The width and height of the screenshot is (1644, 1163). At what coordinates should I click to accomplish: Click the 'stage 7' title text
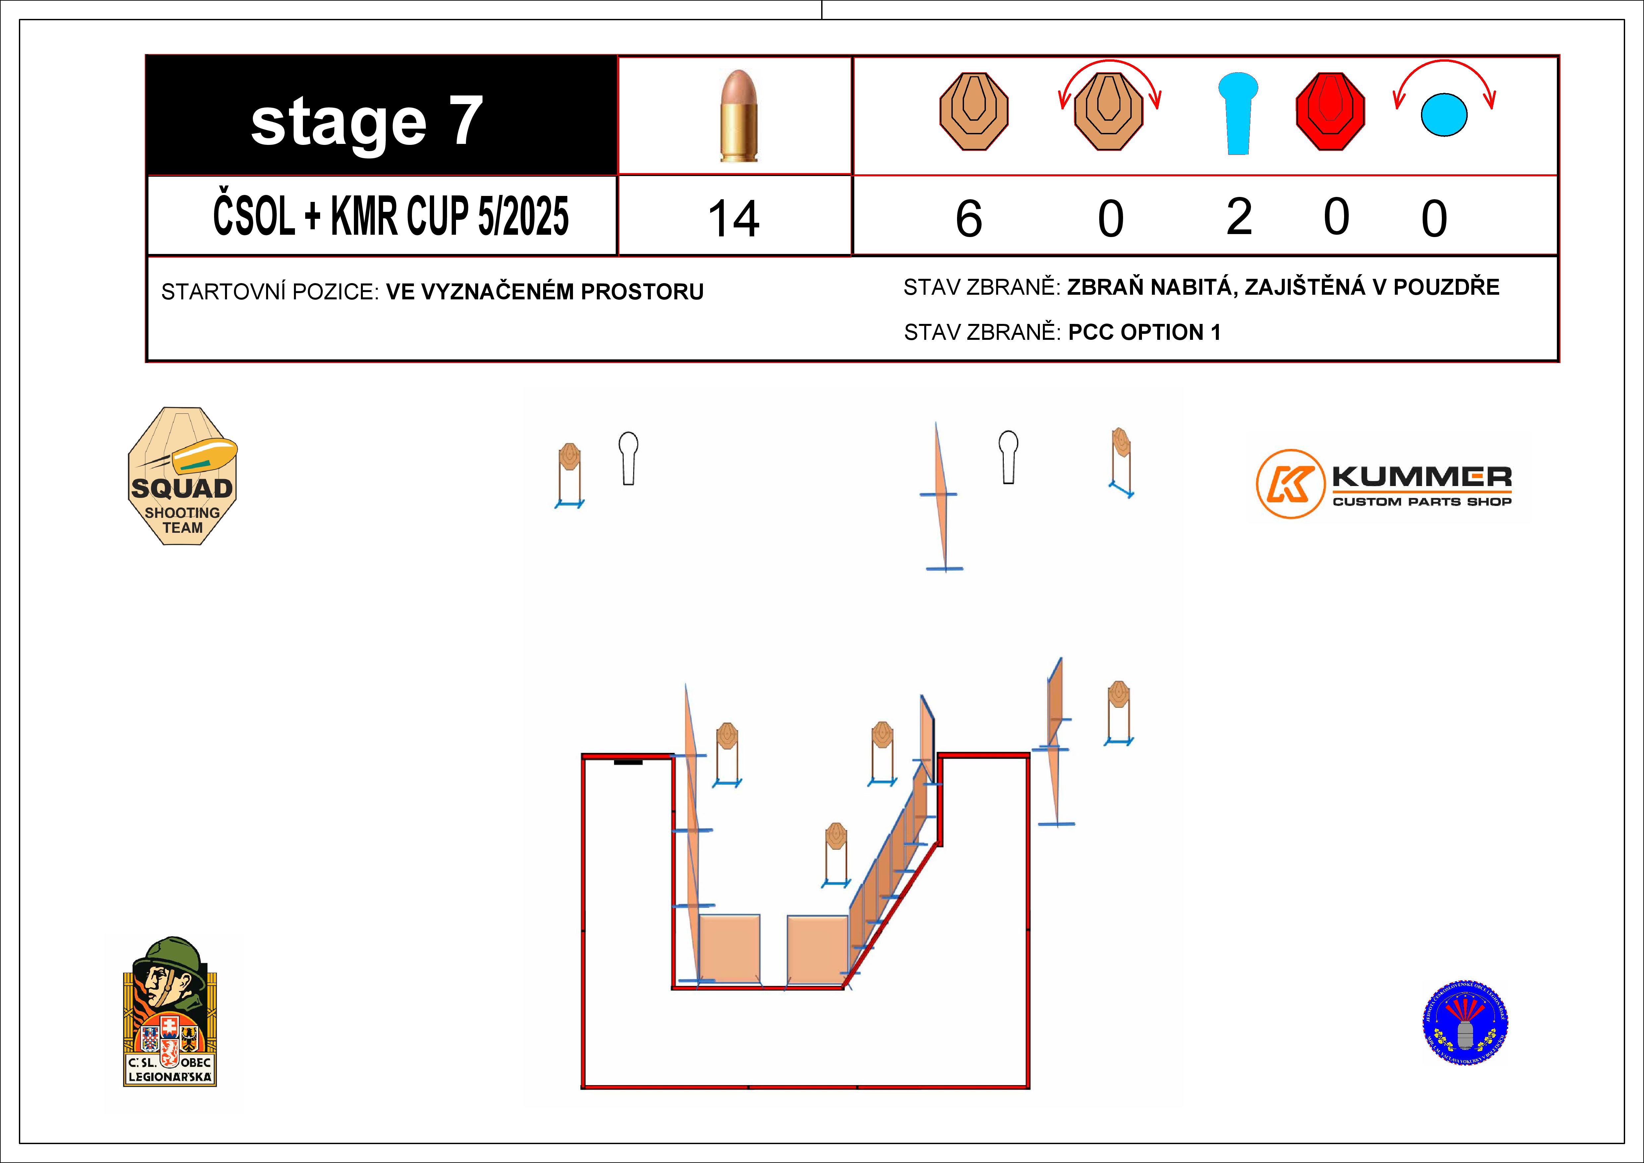367,122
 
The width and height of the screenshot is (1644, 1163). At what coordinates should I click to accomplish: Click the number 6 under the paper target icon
969,218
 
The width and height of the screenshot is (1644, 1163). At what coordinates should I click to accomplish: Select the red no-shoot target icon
1331,111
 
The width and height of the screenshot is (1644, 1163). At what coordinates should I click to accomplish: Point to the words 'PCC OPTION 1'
1144,332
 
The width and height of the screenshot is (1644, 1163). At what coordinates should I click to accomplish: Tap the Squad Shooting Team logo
182,476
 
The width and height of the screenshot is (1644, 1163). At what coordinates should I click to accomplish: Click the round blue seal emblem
1465,1023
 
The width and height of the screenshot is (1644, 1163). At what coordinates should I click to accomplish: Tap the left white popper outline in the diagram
629,458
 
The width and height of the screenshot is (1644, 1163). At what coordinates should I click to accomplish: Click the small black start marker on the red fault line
628,762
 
